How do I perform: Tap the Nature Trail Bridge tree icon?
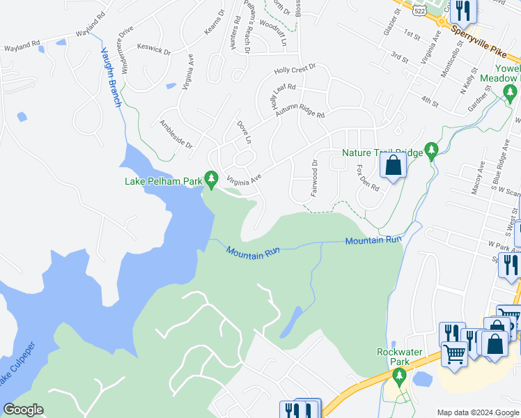point(432,150)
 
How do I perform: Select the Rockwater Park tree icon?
point(399,378)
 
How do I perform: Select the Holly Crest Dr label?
point(295,68)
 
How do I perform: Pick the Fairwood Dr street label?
point(314,178)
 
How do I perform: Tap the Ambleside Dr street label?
point(176,133)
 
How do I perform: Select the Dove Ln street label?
point(243,132)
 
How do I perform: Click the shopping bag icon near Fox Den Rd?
point(393,166)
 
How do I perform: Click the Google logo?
point(23,410)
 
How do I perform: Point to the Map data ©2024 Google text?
point(477,412)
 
